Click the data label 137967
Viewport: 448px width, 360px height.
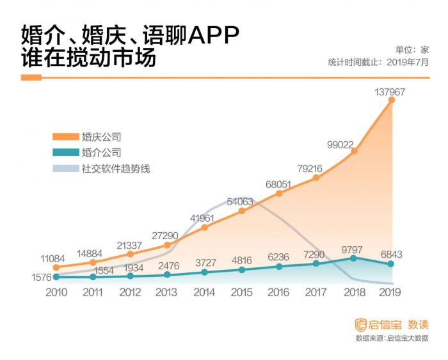pyautogui.click(x=390, y=93)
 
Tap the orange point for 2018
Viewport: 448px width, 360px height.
pyautogui.click(x=354, y=152)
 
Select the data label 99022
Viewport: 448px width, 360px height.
pyautogui.click(x=340, y=145)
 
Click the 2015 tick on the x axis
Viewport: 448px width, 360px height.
pyautogui.click(x=241, y=292)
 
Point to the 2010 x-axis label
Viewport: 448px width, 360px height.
pyautogui.click(x=56, y=292)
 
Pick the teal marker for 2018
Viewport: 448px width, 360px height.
pyautogui.click(x=354, y=258)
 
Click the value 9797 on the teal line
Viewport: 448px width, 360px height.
pyautogui.click(x=353, y=249)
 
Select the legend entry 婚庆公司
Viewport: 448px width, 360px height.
pyautogui.click(x=101, y=136)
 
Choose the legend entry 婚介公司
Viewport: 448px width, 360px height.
pyautogui.click(x=101, y=153)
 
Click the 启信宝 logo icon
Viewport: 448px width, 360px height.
pyautogui.click(x=360, y=324)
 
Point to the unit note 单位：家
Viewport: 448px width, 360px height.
pyautogui.click(x=412, y=49)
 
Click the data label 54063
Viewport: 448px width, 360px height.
pyautogui.click(x=240, y=201)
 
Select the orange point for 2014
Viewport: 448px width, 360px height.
pyautogui.click(x=204, y=227)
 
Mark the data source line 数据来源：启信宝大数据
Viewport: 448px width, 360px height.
pyautogui.click(x=392, y=338)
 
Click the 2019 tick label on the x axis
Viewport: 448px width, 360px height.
pyautogui.click(x=390, y=292)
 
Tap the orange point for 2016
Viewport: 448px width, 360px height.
pyautogui.click(x=279, y=193)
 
